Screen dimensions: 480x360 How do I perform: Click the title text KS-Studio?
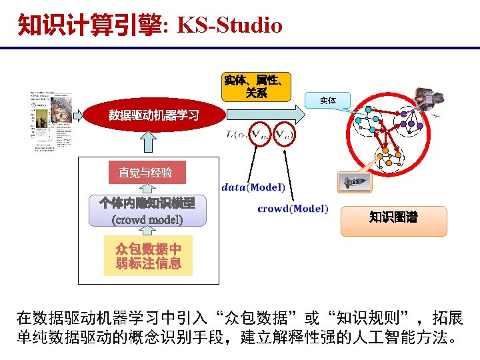click(x=231, y=25)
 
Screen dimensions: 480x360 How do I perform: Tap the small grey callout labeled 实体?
click(x=327, y=100)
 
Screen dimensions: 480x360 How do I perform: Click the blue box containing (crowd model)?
click(x=148, y=211)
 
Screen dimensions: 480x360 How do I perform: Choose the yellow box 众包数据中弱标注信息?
click(x=148, y=255)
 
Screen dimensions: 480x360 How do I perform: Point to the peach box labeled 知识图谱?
click(x=393, y=217)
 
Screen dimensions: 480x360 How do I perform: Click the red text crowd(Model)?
click(x=293, y=209)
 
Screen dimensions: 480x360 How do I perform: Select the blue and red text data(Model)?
click(x=253, y=187)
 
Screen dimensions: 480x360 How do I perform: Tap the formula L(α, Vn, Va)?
click(x=260, y=134)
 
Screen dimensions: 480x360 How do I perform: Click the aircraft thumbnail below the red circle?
click(x=354, y=183)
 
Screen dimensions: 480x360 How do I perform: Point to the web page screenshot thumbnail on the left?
click(x=52, y=123)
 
